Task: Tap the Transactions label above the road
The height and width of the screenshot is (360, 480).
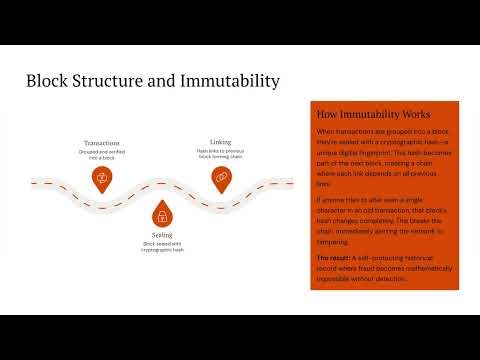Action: [101, 143]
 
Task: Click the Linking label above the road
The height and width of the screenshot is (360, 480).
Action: [221, 142]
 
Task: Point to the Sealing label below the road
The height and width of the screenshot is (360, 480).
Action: [160, 236]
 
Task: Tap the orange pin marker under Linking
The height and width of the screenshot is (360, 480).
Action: [221, 177]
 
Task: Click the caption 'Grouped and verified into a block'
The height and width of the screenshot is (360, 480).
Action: [101, 154]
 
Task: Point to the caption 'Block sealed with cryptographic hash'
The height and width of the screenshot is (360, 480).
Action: [160, 248]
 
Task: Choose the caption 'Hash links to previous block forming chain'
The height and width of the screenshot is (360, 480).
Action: [221, 154]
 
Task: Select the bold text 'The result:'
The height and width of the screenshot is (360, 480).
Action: [334, 258]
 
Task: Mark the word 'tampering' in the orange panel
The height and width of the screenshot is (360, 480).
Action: [335, 242]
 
